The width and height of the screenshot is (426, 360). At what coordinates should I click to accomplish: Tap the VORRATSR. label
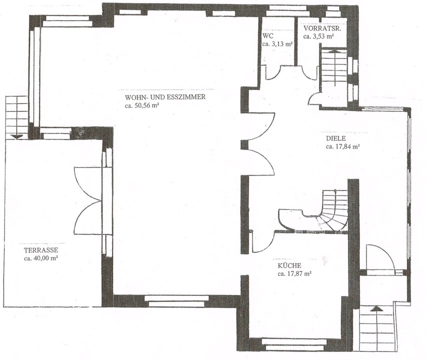coord(322,28)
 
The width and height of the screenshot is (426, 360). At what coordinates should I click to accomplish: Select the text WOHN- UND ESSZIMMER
coord(165,97)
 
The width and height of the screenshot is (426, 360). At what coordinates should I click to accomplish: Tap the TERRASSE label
coord(41,250)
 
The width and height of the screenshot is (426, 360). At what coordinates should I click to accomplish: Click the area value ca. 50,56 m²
coord(142,105)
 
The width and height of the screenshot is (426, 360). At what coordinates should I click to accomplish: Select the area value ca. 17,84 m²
coord(343,146)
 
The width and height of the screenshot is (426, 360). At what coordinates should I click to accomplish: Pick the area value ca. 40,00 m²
coord(41,258)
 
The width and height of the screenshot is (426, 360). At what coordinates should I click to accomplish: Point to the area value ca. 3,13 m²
coord(277,44)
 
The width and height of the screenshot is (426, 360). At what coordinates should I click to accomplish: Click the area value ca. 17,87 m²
coord(294,274)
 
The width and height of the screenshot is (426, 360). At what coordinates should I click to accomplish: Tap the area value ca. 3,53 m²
coord(318,36)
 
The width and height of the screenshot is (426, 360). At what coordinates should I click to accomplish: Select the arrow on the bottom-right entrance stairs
coord(376,308)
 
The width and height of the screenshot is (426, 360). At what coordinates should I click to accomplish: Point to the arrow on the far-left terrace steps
coord(16,136)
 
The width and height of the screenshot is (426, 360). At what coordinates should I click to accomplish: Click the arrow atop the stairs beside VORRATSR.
coord(334,50)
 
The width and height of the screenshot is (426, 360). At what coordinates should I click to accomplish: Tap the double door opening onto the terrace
coord(87,201)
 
